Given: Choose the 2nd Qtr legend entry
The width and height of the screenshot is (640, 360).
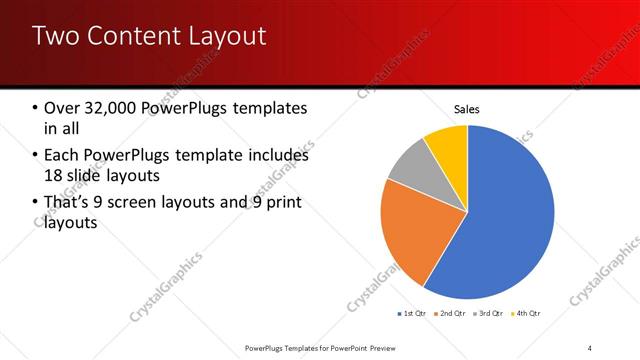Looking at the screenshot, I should click(452, 314).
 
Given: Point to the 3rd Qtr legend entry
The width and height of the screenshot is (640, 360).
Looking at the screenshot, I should click(490, 314).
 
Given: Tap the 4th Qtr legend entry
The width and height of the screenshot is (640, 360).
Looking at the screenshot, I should click(527, 314).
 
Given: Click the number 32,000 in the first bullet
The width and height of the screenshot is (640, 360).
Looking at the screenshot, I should click(115, 108).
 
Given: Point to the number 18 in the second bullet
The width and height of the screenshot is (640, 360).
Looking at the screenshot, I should click(55, 176).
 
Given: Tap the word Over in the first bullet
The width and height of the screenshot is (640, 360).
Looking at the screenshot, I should click(63, 108).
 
